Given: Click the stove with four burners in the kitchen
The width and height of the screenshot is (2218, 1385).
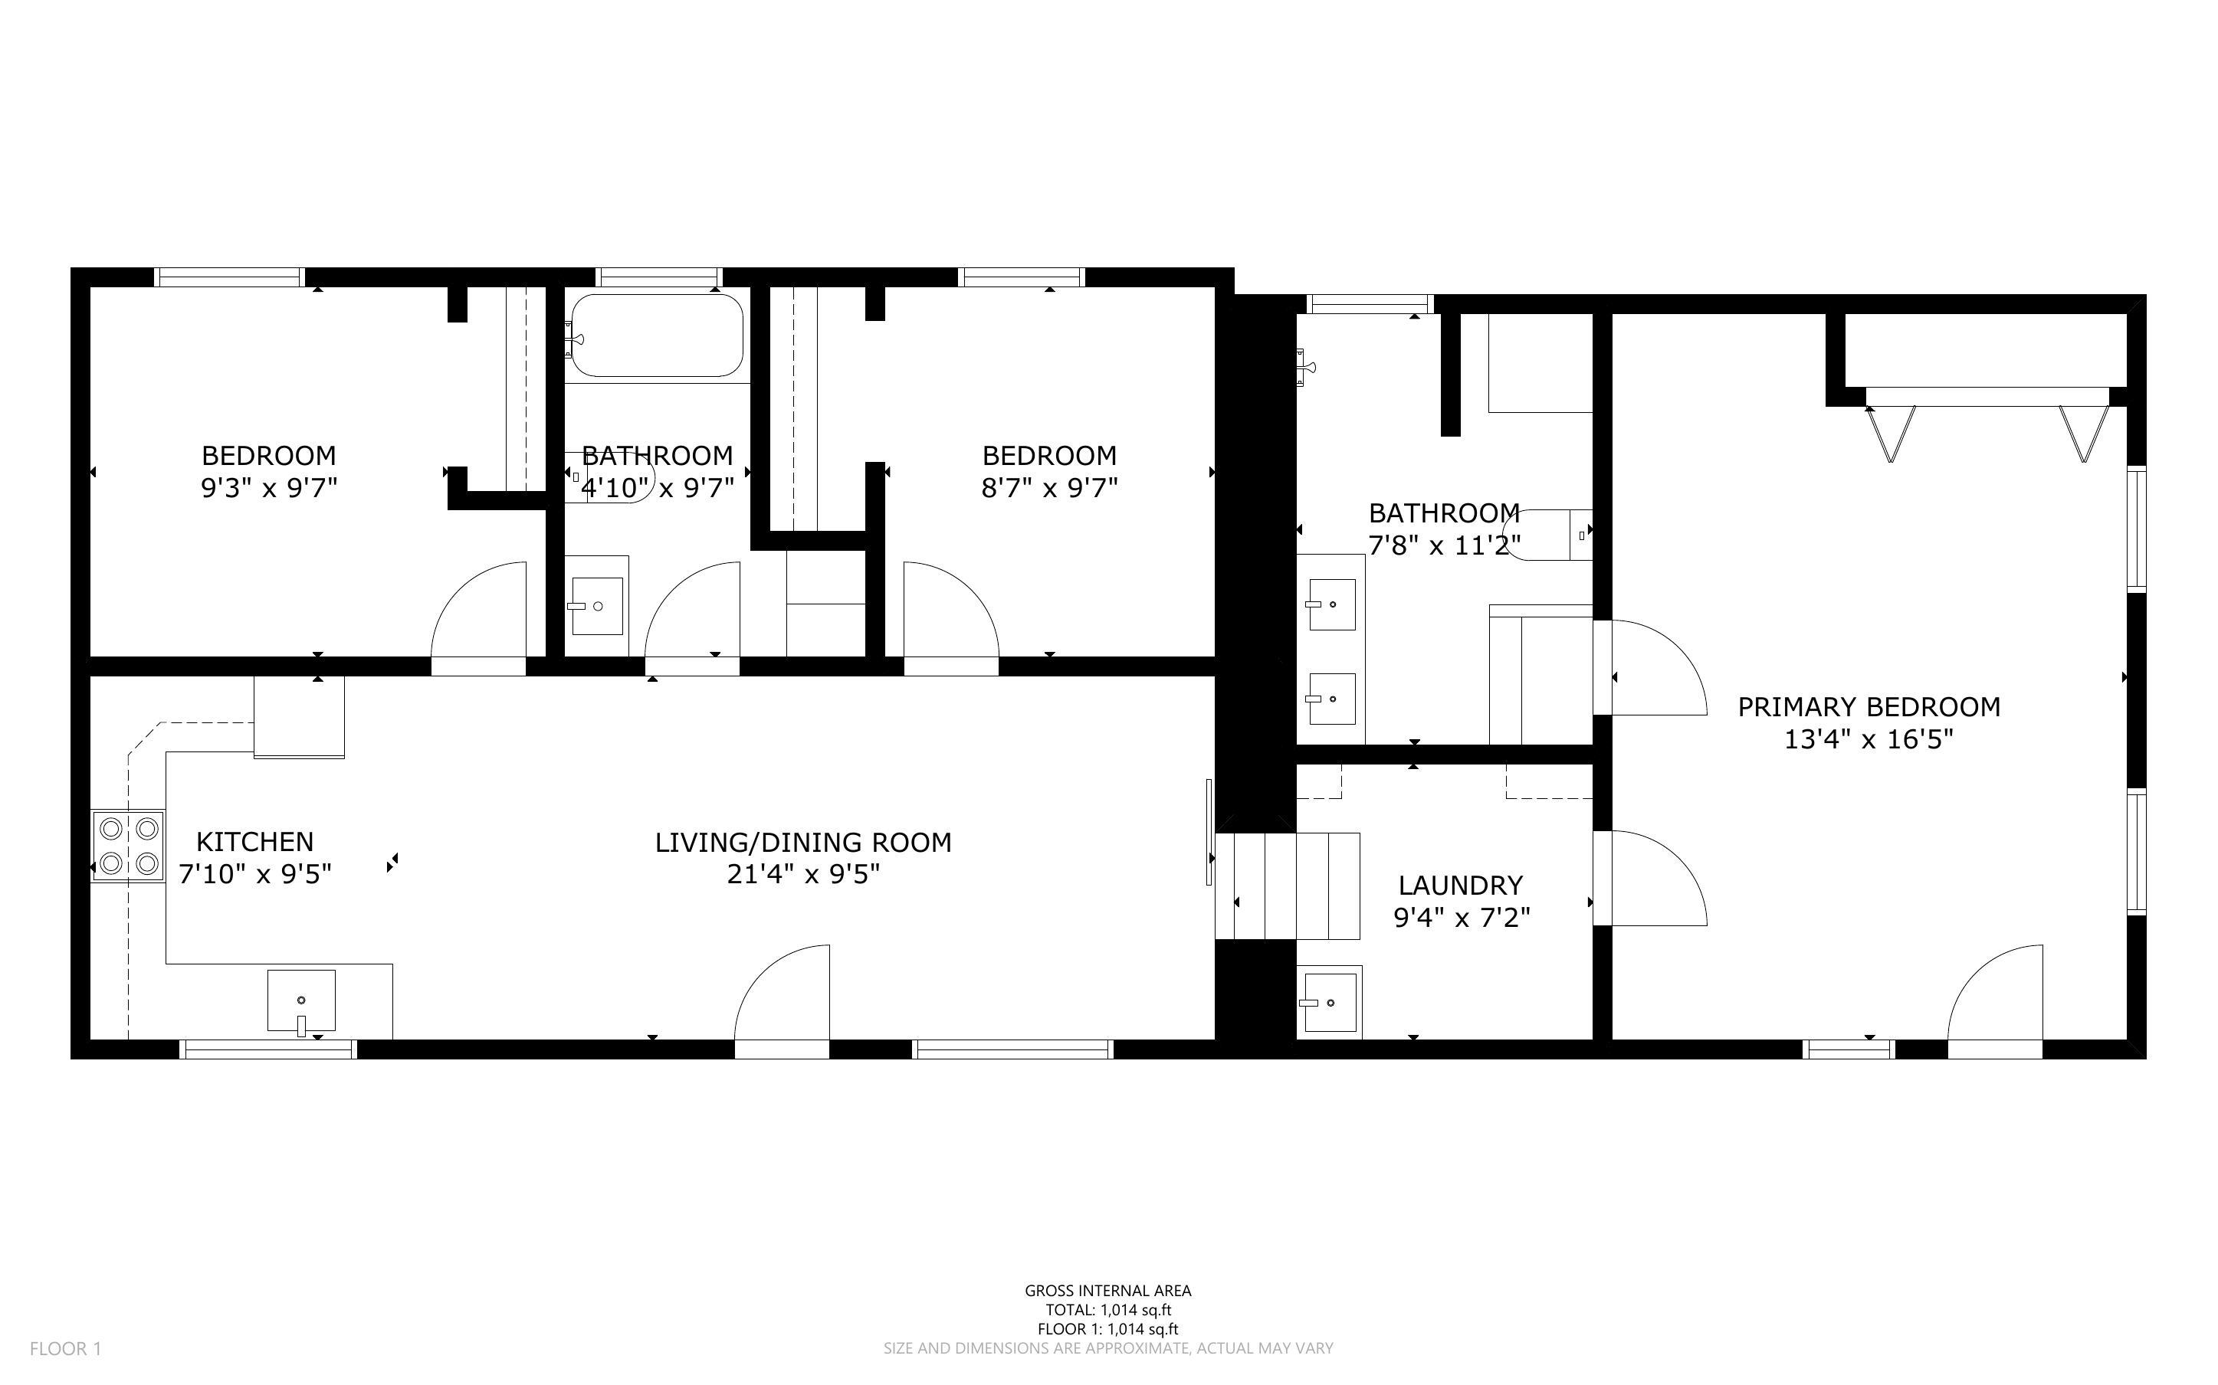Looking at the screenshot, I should point(128,846).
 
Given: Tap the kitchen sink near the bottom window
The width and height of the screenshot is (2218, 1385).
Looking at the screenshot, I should point(300,1000).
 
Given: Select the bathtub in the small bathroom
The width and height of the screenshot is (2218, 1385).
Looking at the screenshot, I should point(656,336).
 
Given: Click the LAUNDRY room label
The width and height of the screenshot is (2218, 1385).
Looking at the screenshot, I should point(1459,885).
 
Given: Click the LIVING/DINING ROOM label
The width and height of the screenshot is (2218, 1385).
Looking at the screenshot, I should point(802,842).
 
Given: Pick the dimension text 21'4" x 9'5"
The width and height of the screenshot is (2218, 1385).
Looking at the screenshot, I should point(802,874).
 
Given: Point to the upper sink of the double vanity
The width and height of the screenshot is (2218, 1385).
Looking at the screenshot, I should point(1331,604).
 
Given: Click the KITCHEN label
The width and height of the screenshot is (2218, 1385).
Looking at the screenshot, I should point(254,841).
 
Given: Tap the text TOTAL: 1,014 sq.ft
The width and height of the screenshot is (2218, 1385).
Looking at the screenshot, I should point(1107,1310).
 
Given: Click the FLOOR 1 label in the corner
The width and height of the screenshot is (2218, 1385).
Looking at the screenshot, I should point(65,1348).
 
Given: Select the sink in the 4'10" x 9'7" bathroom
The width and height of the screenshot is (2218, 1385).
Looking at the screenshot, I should point(596,605).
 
